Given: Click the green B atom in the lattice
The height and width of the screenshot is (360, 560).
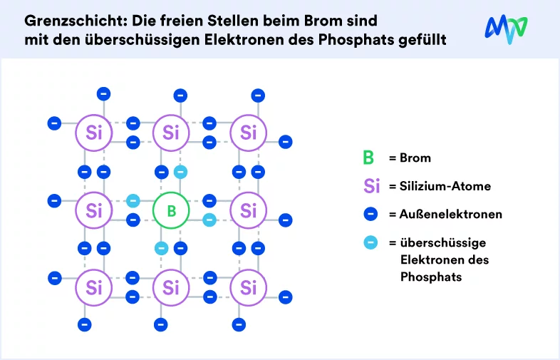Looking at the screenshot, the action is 171,210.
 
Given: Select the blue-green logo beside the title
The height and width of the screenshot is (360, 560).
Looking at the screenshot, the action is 506,29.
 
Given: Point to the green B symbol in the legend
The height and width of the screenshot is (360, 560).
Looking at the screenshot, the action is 368,158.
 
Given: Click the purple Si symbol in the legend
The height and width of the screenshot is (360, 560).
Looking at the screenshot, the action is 371,186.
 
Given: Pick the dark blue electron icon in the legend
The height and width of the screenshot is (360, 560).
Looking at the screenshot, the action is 370,214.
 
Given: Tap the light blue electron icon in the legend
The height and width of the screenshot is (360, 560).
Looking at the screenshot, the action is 370,242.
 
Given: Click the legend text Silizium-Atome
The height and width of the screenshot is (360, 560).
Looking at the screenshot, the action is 445,186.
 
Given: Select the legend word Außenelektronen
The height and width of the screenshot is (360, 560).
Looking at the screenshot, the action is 451,214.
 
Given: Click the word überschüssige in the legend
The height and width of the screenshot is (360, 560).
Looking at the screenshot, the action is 443,243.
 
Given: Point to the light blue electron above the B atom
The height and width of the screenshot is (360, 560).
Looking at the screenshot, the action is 180,172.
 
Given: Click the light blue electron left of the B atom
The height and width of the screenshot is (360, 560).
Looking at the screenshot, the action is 133,200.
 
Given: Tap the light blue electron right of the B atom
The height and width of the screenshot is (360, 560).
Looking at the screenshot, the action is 209,220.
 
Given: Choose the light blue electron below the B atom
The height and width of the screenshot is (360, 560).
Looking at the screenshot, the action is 162,248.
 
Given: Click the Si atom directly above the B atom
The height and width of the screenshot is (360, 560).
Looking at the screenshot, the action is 171,133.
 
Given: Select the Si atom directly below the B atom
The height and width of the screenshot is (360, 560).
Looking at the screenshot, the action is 171,287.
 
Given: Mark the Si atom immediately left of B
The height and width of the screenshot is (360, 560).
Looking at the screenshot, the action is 94,210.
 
